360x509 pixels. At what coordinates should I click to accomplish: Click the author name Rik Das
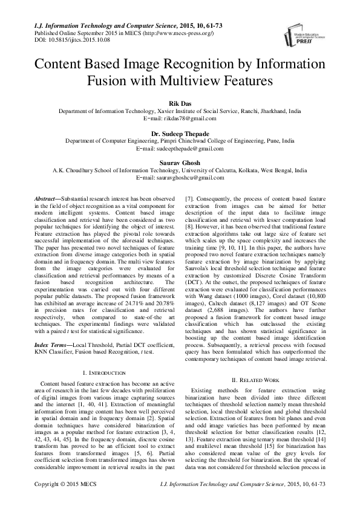point(180,104)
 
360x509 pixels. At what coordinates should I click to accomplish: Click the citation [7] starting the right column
point(189,199)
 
